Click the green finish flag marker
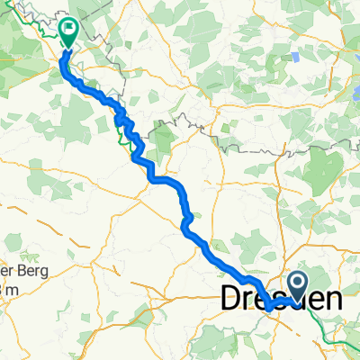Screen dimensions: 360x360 [x=69, y=31]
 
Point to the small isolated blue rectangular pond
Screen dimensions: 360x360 [x=296, y=57]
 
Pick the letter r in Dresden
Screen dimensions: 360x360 [x=254, y=301]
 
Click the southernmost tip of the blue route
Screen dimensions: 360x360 [x=269, y=310]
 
